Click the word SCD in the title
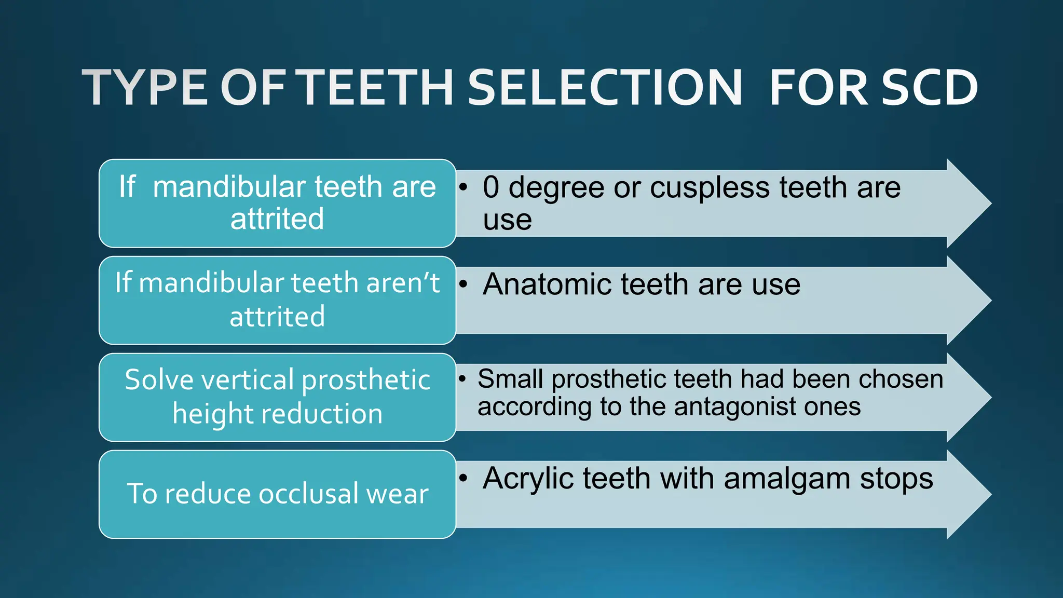point(930,88)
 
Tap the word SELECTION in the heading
point(605,88)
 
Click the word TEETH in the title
point(377,88)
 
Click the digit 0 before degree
point(491,187)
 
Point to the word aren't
point(403,283)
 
